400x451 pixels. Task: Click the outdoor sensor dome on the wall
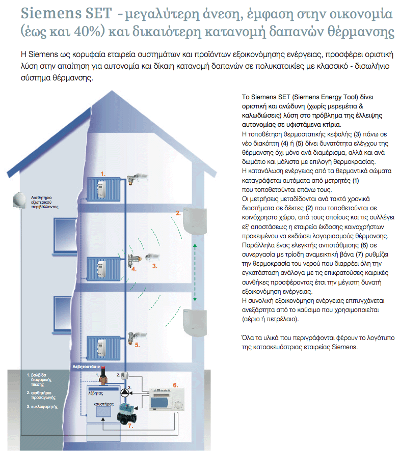pos(19,200)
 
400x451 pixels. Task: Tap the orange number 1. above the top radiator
pos(103,174)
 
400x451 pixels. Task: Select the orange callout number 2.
pos(178,213)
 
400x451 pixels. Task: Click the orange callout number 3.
pos(154,266)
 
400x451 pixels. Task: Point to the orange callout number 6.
pos(175,385)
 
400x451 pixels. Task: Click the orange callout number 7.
pos(130,426)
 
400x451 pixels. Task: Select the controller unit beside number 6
pos(167,400)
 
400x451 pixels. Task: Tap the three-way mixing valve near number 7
pos(126,414)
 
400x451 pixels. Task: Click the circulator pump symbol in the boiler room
pos(124,392)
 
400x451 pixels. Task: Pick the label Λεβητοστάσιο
pos(86,367)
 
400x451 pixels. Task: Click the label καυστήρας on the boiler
pos(103,404)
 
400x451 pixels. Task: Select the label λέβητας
pos(96,393)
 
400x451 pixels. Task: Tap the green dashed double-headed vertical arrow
pos(195,272)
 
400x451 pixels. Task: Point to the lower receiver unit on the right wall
pos(195,322)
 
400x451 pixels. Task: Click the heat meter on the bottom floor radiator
pos(101,348)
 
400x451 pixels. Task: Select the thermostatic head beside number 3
pos(152,257)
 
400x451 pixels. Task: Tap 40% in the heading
pos(86,32)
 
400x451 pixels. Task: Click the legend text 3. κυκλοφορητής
pos(42,407)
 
